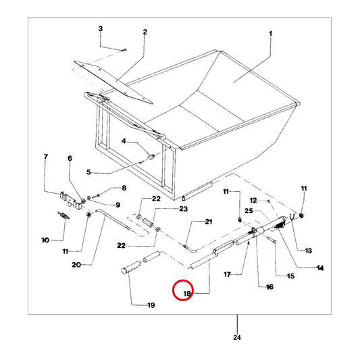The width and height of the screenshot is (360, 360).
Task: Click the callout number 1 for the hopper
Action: point(270,34)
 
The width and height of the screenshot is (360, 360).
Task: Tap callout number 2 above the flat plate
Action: point(145,32)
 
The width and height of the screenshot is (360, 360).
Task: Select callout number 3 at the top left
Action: point(101,28)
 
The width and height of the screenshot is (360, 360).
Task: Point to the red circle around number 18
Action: point(183,290)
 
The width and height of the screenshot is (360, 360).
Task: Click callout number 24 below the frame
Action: point(237,338)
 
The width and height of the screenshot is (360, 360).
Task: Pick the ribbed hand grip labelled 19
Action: point(132,267)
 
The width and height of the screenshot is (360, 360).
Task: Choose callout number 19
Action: point(151,305)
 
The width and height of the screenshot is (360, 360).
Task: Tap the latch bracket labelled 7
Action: point(71,200)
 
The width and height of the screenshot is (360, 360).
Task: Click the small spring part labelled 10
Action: point(63,215)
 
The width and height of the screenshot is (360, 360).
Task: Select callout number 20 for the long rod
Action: point(76,265)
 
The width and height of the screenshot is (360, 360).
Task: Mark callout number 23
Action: point(183,209)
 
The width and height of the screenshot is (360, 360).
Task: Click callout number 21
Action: point(209,222)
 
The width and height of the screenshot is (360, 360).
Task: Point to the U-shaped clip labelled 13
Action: point(292,217)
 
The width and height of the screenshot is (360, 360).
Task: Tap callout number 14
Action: point(320,267)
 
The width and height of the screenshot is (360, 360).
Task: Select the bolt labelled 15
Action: point(272,240)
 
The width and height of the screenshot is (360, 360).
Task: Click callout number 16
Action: point(269,287)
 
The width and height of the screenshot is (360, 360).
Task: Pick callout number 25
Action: point(249,211)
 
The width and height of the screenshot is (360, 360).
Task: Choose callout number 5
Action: point(88,172)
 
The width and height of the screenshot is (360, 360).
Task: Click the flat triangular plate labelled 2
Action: point(113,82)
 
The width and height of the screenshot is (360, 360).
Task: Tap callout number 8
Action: point(124,188)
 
